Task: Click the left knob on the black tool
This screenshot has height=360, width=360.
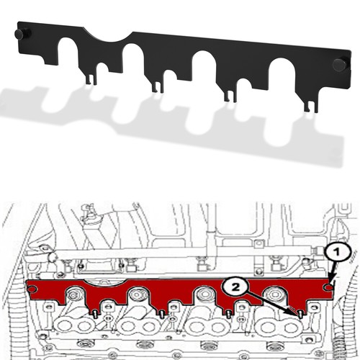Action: pos(22,33)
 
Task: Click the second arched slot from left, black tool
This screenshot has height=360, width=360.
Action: pos(134,60)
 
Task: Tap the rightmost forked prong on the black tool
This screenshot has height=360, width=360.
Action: pos(310,104)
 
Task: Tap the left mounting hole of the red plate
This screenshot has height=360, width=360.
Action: pos(33,290)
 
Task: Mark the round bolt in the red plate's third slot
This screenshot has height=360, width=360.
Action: pos(206,295)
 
